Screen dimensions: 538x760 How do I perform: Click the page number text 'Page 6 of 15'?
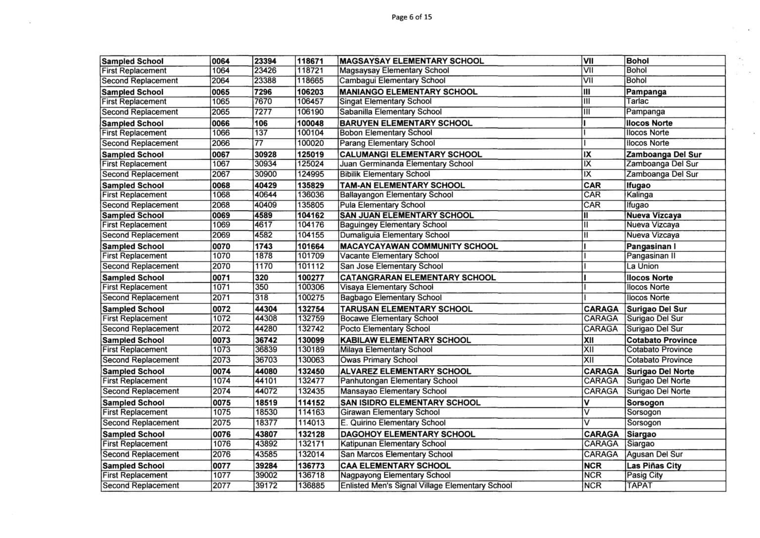click(x=411, y=17)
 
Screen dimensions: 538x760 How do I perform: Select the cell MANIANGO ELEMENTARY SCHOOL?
click(x=409, y=92)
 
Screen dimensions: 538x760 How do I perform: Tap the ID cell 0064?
click(x=221, y=61)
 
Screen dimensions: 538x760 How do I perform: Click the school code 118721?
click(x=311, y=71)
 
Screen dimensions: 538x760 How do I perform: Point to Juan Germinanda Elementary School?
click(x=406, y=164)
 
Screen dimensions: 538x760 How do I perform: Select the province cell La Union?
click(x=643, y=266)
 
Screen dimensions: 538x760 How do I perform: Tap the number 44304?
click(x=266, y=309)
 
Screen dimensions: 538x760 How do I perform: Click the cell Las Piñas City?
click(x=654, y=466)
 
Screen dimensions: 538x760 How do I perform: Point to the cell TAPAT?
click(x=640, y=486)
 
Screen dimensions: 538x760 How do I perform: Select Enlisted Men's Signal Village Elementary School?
click(x=426, y=486)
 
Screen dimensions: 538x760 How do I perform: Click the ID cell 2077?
click(x=221, y=486)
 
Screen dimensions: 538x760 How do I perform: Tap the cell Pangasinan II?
click(x=651, y=256)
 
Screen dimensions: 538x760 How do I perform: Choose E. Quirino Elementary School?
click(x=393, y=423)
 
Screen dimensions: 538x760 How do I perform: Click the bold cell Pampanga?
click(x=646, y=92)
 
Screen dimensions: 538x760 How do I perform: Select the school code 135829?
click(x=311, y=186)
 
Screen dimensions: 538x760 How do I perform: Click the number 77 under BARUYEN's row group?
click(x=261, y=143)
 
